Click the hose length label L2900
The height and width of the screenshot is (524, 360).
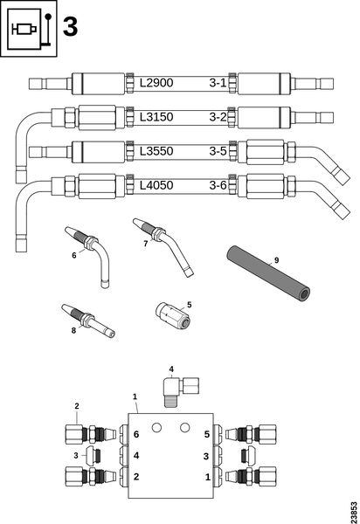(x=158, y=84)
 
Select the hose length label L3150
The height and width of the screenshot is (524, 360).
(x=158, y=116)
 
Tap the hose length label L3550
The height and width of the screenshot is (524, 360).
(x=158, y=150)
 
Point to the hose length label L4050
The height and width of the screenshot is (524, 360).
(x=158, y=184)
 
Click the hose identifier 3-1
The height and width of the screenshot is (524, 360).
(x=218, y=84)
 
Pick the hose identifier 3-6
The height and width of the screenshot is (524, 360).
(x=218, y=184)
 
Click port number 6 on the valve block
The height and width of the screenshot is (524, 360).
(x=135, y=434)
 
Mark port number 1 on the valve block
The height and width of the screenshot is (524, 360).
(x=207, y=476)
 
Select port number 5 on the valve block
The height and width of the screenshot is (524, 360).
(x=207, y=434)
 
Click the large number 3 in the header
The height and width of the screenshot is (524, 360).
(x=70, y=27)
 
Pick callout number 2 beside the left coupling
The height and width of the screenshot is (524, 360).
(x=77, y=406)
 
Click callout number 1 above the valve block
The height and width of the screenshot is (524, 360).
(x=135, y=396)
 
